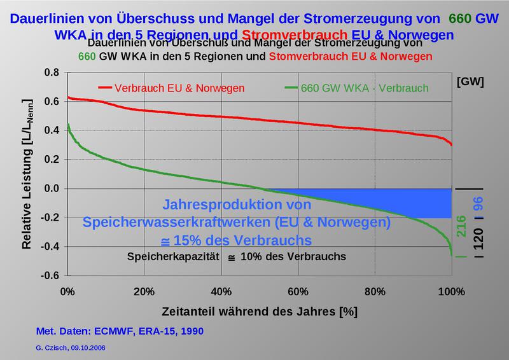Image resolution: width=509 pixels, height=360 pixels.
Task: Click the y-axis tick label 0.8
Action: click(x=52, y=73)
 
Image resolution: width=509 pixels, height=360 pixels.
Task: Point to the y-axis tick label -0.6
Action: click(x=51, y=275)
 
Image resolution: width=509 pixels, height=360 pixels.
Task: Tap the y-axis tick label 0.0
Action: click(x=52, y=189)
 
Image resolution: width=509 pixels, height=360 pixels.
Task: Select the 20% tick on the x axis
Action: click(x=144, y=292)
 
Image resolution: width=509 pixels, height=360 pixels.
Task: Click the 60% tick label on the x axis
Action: click(x=298, y=292)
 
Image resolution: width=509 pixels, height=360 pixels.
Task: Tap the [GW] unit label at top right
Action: click(x=470, y=81)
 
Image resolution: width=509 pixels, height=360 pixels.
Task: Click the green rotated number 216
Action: click(x=463, y=226)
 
